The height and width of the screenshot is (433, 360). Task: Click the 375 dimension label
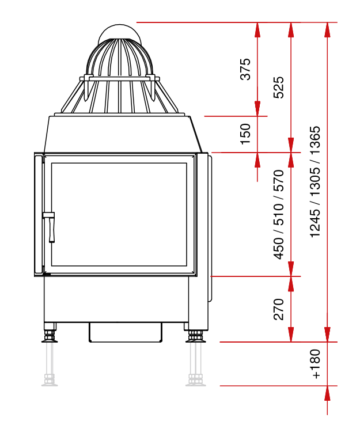[x=245, y=69]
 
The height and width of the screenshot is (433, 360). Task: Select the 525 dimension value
[x=278, y=88]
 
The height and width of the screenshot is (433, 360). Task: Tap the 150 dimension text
[x=245, y=134]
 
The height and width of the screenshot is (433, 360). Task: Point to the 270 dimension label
[x=278, y=309]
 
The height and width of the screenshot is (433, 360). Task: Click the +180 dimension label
[x=315, y=364]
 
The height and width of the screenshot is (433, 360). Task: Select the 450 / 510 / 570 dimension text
[x=278, y=215]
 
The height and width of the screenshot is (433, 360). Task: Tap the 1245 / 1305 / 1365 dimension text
[x=315, y=182]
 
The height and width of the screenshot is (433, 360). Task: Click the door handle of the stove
[x=49, y=226]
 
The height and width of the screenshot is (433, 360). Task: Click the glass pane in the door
[x=119, y=214]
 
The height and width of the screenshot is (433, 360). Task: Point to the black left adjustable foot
[x=50, y=336]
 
